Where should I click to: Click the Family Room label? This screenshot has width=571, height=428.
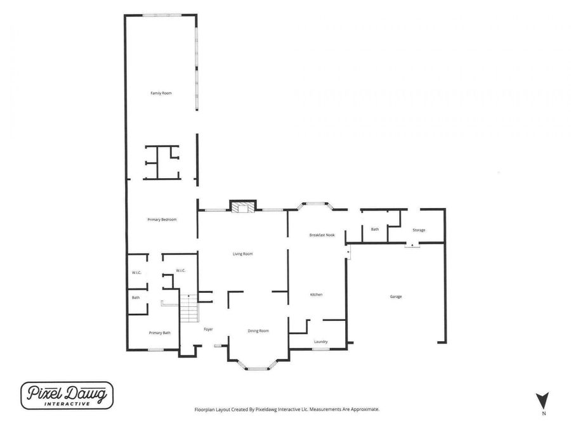point(161,93)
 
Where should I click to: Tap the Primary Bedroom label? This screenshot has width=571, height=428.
point(162,219)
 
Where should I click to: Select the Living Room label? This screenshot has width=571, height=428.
point(242,254)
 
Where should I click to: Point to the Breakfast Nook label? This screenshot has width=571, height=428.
point(322,235)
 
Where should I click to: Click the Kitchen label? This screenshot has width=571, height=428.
point(316,294)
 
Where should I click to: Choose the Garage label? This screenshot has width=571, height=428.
point(396,297)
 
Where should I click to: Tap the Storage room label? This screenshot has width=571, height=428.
point(419,230)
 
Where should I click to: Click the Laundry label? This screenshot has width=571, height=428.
point(321,342)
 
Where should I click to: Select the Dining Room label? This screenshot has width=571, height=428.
point(258,331)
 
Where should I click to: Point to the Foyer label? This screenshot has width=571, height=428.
point(208,329)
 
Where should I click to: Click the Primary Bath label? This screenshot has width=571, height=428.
point(159,333)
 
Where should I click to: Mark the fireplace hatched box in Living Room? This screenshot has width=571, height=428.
point(243,207)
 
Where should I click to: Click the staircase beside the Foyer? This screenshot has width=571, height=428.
point(189,308)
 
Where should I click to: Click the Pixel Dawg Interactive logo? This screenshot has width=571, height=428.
point(67,396)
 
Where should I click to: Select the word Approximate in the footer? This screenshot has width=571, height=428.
point(365,409)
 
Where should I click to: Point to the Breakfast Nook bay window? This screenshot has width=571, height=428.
point(315,205)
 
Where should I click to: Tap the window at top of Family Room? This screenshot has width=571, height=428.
point(162,15)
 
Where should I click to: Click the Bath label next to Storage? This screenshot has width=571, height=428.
point(375,230)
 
